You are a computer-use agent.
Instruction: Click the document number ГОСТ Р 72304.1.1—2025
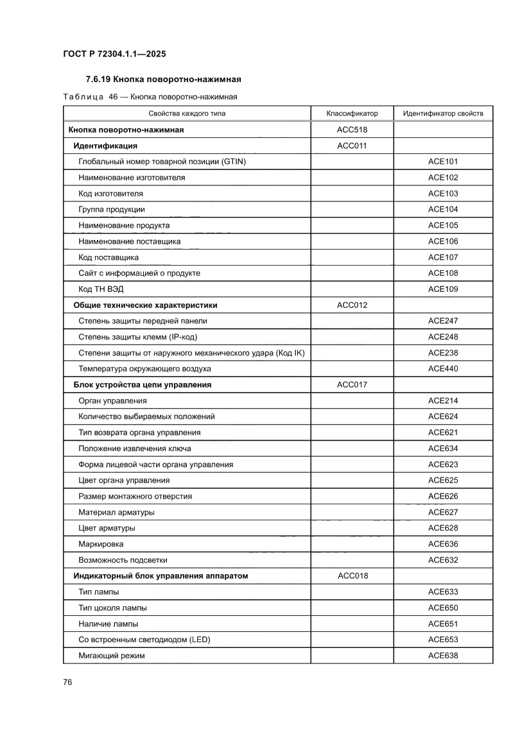tap(114, 55)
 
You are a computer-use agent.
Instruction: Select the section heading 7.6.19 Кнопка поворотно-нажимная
tap(163, 80)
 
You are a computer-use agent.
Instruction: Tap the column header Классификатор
tap(352, 114)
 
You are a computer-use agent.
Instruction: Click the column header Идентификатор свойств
tap(443, 114)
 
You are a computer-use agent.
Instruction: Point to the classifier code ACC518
tap(352, 130)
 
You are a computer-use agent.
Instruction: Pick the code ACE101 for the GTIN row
tap(443, 162)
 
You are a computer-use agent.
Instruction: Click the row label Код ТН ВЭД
tap(97, 289)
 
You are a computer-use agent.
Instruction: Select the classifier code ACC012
tap(352, 305)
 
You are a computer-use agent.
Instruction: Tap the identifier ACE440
tap(443, 369)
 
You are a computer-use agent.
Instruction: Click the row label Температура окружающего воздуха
tap(144, 369)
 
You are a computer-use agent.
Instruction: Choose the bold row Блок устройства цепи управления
tap(143, 385)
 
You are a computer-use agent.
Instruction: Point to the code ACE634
tap(443, 448)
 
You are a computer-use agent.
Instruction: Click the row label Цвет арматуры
tap(107, 528)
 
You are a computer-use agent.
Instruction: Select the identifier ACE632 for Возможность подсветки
tap(443, 560)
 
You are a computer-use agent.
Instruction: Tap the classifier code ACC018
tap(353, 576)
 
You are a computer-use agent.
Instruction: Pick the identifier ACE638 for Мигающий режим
tap(443, 656)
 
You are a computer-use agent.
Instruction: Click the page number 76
tap(67, 682)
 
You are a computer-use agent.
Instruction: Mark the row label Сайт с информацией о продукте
tap(139, 273)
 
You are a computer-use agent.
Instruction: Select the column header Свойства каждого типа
tap(187, 114)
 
